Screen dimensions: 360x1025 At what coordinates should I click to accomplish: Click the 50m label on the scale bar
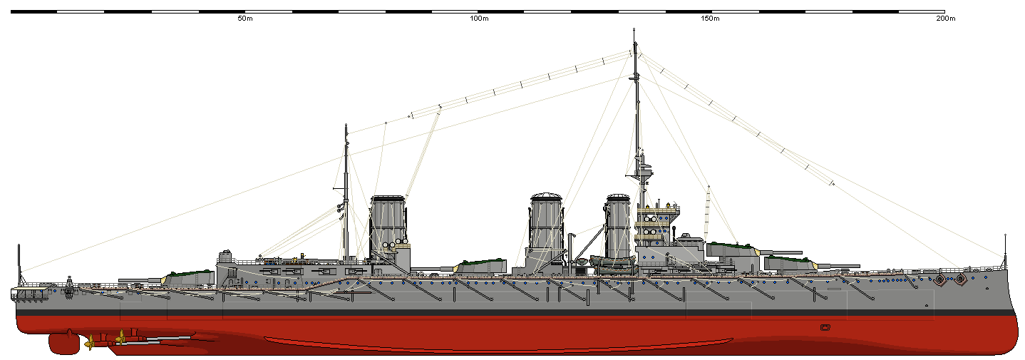click(244, 19)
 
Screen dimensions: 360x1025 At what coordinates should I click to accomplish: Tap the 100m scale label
click(479, 19)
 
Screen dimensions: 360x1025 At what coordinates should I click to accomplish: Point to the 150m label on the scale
click(710, 19)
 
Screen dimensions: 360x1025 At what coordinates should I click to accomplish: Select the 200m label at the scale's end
click(945, 19)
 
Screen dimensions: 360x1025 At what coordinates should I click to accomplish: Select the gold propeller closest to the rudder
click(90, 343)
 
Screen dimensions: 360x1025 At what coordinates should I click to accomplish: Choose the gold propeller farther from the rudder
click(121, 336)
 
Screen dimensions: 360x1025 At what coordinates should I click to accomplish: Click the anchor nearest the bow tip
click(960, 279)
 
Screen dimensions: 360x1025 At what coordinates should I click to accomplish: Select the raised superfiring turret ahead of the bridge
click(732, 250)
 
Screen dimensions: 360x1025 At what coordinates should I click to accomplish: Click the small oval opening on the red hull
click(825, 327)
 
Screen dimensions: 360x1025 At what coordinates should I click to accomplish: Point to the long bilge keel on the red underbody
click(499, 344)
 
